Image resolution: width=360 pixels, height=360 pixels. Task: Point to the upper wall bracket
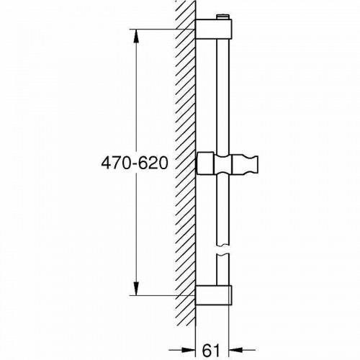click(x=215, y=30)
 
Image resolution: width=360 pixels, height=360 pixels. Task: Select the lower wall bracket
click(x=215, y=294)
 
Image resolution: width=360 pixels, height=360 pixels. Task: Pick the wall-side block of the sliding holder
click(x=206, y=165)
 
